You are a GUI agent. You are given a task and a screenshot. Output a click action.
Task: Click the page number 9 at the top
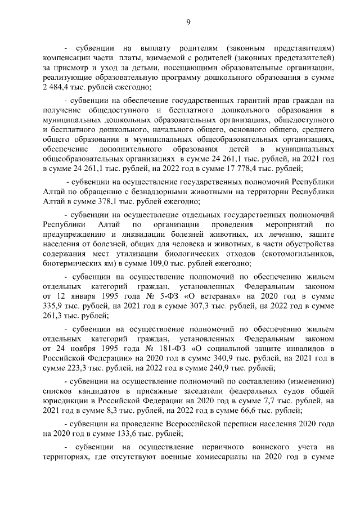tap(188, 22)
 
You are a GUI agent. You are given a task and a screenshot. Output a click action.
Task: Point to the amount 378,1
tap(110, 202)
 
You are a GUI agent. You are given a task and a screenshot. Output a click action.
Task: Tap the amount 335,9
tap(52, 307)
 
